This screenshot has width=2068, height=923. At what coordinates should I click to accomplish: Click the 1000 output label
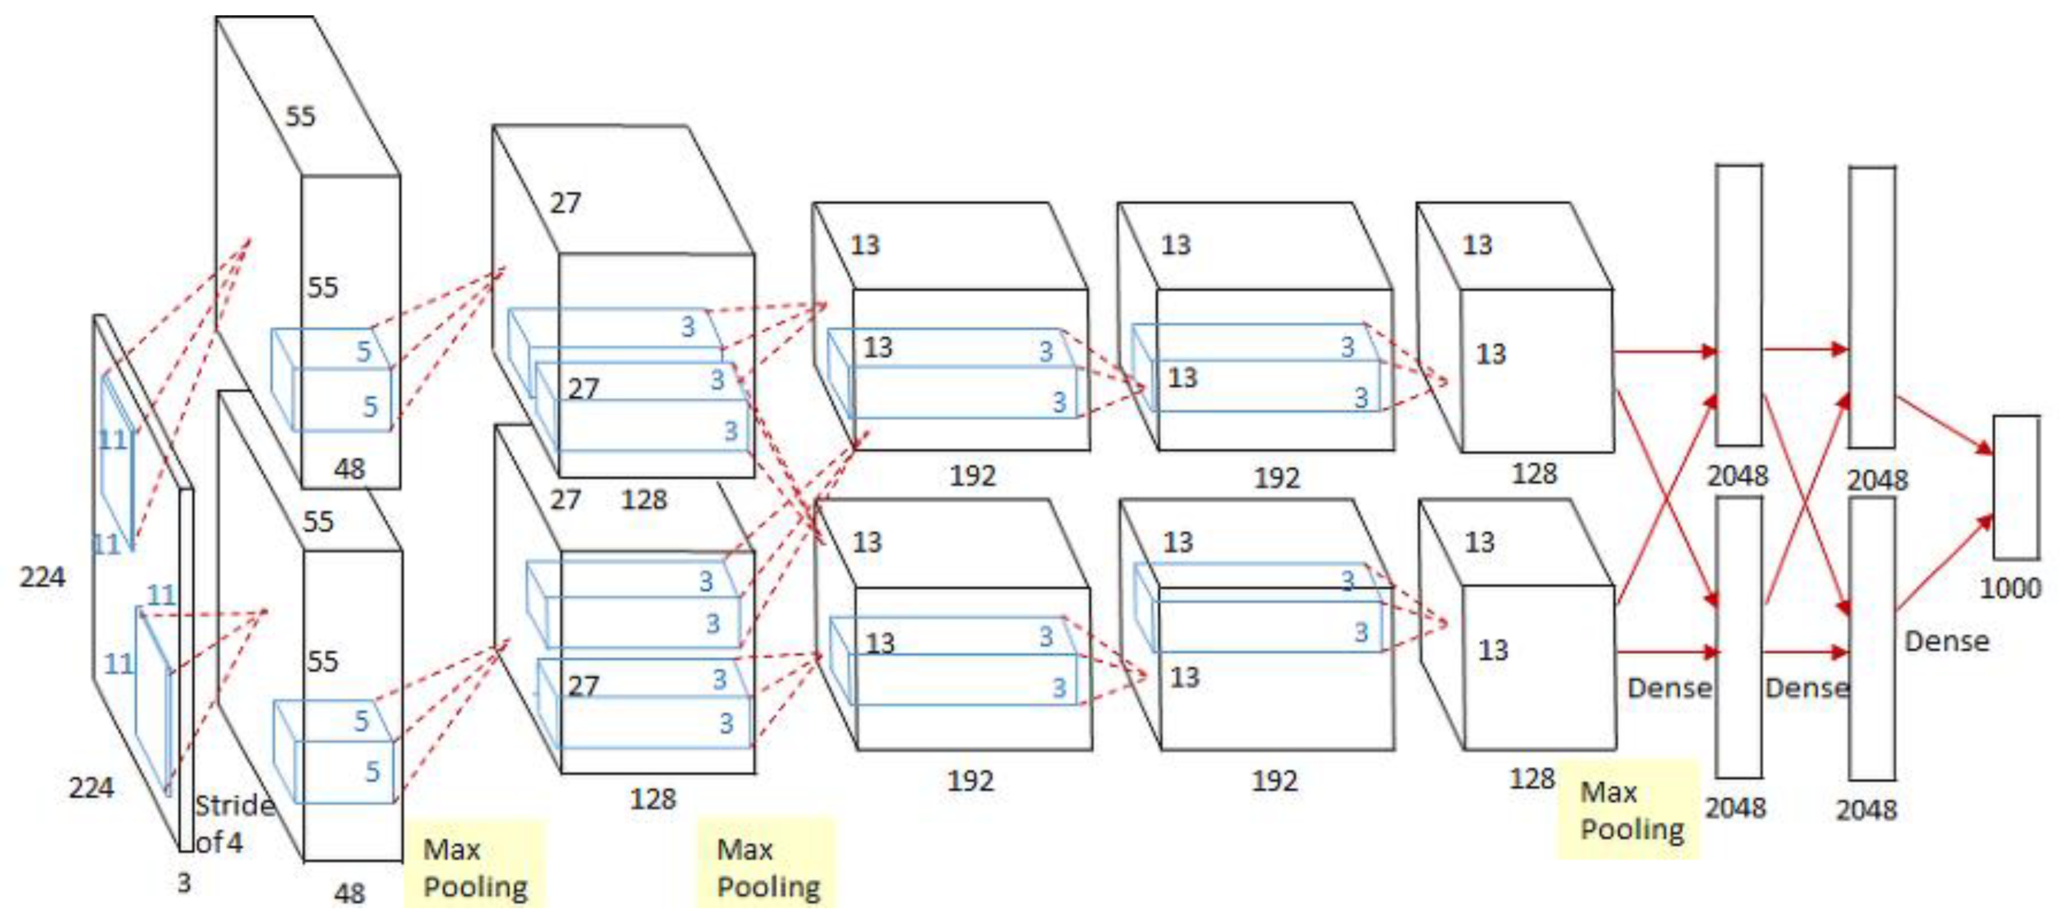[2010, 588]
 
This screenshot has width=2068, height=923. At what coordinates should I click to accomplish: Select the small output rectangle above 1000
[2016, 487]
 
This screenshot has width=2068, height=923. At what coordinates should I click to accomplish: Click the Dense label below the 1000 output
[1947, 641]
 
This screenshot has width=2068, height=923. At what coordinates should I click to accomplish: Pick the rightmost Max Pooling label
[1631, 811]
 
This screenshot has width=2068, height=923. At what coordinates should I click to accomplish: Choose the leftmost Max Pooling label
[474, 868]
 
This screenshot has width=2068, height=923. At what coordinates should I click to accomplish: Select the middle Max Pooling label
[767, 868]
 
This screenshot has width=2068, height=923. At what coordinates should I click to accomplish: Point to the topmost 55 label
[300, 116]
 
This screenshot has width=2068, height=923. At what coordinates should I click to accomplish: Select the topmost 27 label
[565, 203]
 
